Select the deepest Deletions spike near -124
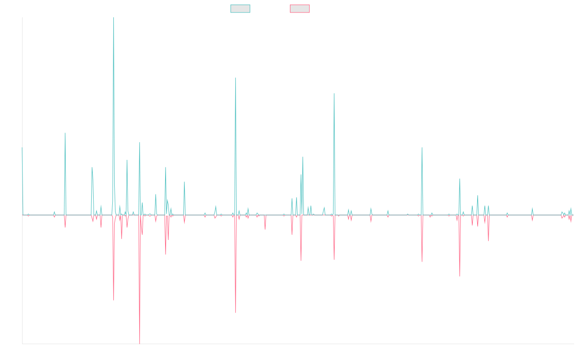[x=140, y=343]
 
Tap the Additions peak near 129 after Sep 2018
[x=236, y=78]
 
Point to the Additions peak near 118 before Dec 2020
[x=334, y=94]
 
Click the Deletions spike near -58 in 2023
[x=460, y=276]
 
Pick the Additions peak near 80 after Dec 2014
[x=65, y=133]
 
